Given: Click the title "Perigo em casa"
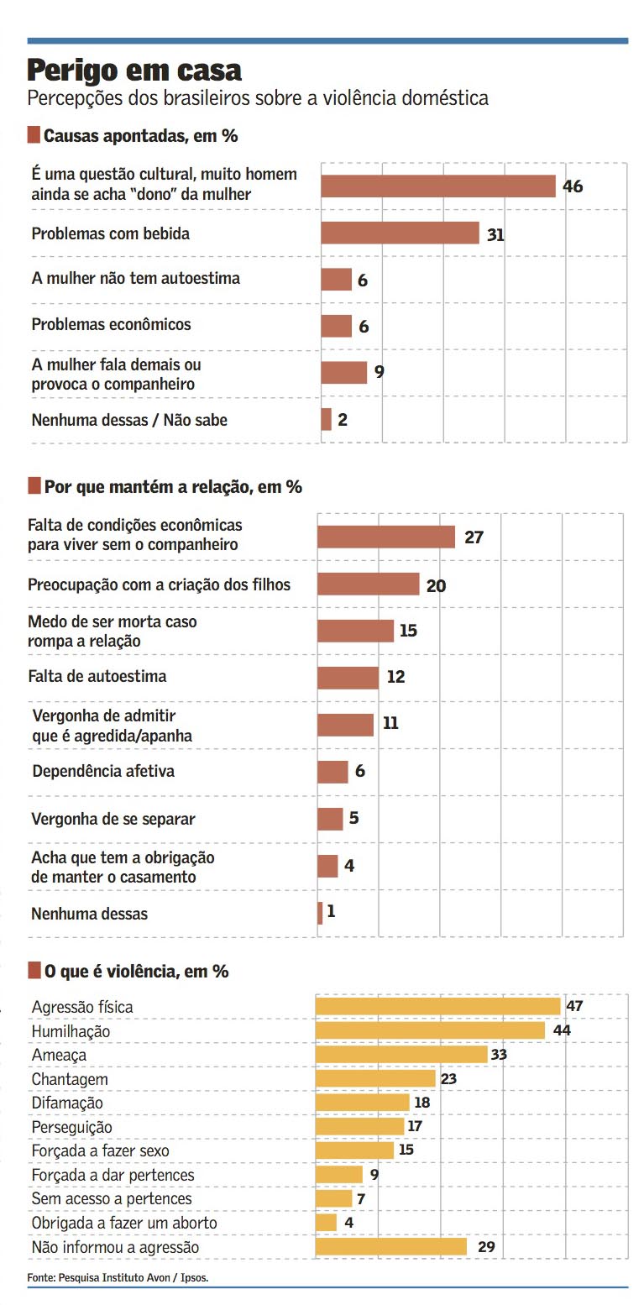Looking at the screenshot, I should pyautogui.click(x=134, y=69).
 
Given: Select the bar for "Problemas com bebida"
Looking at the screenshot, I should pyautogui.click(x=400, y=233).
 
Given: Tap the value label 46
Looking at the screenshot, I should pyautogui.click(x=573, y=186).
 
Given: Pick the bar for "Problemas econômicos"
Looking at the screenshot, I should pyautogui.click(x=336, y=326).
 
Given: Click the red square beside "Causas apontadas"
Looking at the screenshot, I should pyautogui.click(x=34, y=135).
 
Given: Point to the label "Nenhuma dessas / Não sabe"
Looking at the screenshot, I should pyautogui.click(x=129, y=420).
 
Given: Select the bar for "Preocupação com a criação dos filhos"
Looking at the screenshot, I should pyautogui.click(x=368, y=584).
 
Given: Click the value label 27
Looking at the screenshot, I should pyautogui.click(x=474, y=537).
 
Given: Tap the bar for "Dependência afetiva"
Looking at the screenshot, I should pyautogui.click(x=332, y=772).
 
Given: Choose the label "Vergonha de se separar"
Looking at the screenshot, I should pyautogui.click(x=113, y=819).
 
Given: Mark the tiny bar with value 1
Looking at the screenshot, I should pyautogui.click(x=320, y=913).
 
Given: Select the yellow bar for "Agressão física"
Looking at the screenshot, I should pyautogui.click(x=437, y=1006).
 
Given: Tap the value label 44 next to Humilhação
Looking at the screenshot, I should pyautogui.click(x=562, y=1030).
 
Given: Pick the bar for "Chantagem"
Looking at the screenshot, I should pyautogui.click(x=375, y=1078).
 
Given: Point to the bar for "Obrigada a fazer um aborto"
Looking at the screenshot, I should pyautogui.click(x=326, y=1223).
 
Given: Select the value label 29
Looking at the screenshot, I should pyautogui.click(x=486, y=1247).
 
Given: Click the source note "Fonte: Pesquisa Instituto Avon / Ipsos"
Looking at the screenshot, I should pyautogui.click(x=118, y=1277).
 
